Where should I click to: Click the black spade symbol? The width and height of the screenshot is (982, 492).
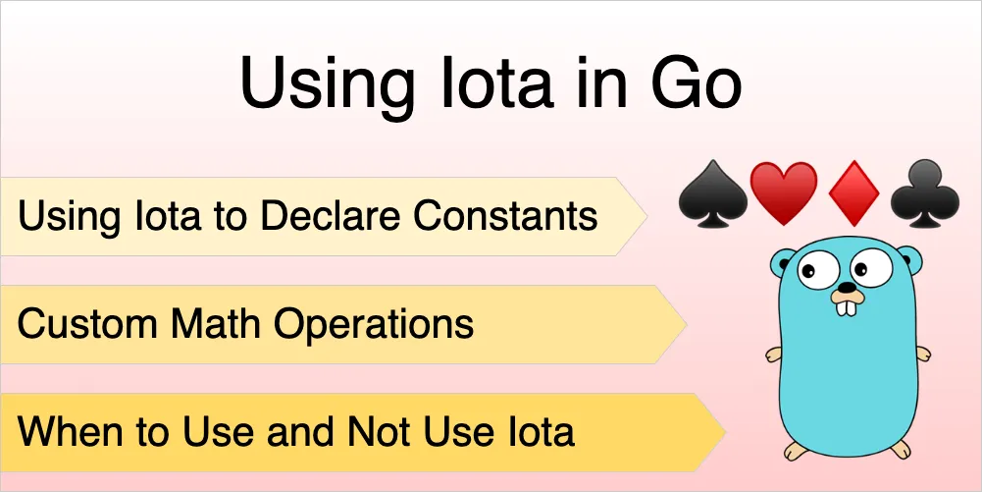pos(712,192)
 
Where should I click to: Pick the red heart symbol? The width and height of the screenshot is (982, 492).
pos(784,192)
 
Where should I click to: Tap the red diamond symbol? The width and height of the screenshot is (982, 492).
pos(853,192)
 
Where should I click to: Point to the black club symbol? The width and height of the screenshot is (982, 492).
pos(925,192)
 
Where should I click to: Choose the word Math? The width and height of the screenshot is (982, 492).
pos(218,323)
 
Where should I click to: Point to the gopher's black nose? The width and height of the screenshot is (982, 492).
pos(848,287)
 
